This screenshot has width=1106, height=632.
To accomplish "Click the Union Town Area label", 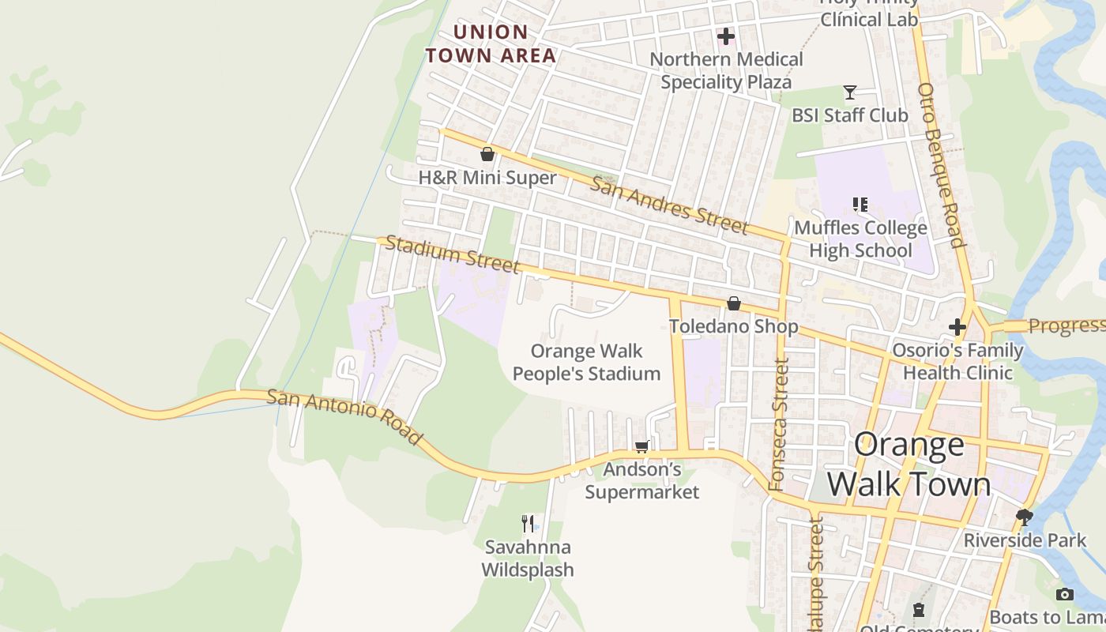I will (x=491, y=43).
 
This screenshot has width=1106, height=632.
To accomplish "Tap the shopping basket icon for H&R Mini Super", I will (x=487, y=154).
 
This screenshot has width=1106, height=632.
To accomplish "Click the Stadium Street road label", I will (x=453, y=254).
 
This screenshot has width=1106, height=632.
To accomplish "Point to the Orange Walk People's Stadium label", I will (x=586, y=362).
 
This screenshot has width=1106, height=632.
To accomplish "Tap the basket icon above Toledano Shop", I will (x=734, y=303).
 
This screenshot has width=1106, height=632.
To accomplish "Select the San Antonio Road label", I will (x=344, y=416).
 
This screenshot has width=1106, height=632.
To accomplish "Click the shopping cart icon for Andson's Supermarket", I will (x=642, y=447).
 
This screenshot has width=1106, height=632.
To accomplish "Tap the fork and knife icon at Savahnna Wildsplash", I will (x=528, y=523).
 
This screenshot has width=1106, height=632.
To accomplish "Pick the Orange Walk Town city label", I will (x=908, y=465).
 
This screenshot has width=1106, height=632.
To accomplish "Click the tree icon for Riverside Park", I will (x=1025, y=517).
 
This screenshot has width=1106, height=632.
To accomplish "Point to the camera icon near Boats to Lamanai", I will (x=1065, y=594).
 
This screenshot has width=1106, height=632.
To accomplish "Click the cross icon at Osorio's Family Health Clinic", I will (x=957, y=326).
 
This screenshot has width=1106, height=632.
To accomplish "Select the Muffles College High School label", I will (x=860, y=239).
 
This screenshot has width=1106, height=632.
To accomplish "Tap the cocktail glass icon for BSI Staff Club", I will (x=850, y=92).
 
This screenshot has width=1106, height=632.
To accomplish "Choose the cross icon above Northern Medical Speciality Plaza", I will (x=725, y=36).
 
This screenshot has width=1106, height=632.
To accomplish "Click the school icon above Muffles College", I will (x=860, y=205).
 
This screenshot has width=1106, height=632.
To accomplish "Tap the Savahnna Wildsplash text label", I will (x=528, y=558).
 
